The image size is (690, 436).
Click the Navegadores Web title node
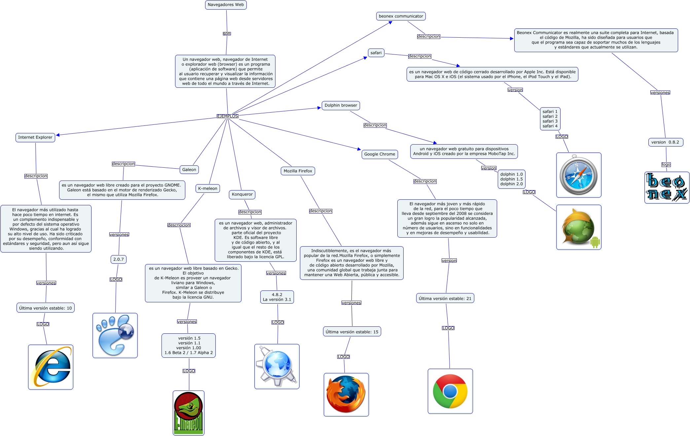[226, 5]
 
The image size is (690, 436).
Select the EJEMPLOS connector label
[227, 116]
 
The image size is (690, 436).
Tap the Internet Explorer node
[35, 137]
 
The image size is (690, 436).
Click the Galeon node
[189, 170]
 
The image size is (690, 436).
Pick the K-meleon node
[208, 188]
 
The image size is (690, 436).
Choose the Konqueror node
[242, 194]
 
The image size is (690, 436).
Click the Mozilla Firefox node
[298, 171]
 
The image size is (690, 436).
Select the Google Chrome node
[380, 154]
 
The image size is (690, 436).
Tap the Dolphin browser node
[341, 105]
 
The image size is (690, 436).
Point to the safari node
[376, 53]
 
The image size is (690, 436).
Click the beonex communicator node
[401, 16]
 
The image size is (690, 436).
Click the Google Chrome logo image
[450, 391]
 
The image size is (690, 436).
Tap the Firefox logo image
[346, 394]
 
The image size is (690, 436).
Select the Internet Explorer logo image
[51, 367]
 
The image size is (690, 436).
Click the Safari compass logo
[578, 175]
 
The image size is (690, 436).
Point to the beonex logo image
[667, 187]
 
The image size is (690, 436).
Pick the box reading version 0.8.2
[665, 142]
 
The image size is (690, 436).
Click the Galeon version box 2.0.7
[119, 259]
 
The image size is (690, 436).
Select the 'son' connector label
[227, 34]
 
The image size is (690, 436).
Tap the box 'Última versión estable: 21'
[445, 298]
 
